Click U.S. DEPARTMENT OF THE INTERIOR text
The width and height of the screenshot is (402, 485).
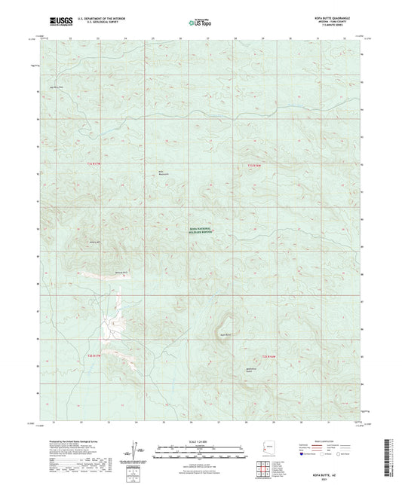94,18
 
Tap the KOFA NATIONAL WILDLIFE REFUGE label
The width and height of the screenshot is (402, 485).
201,233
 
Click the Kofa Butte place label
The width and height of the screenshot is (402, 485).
225,334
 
